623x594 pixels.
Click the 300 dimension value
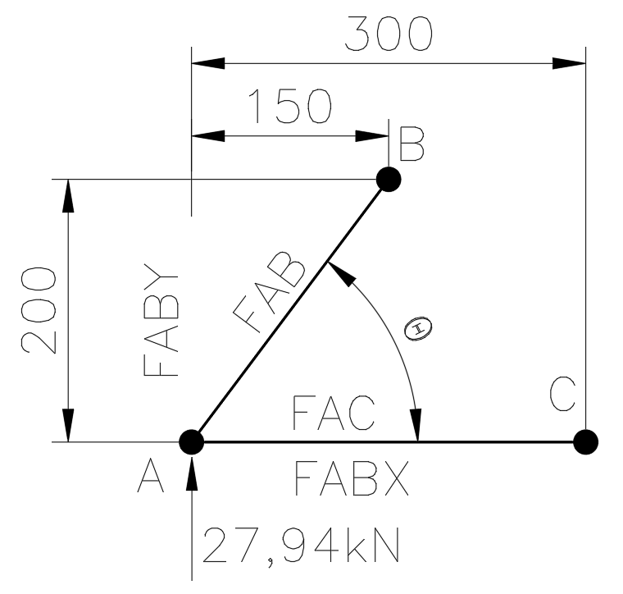tap(389, 34)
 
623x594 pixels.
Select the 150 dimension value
tap(291, 106)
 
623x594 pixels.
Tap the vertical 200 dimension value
tap(39, 310)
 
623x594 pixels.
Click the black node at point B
tap(389, 180)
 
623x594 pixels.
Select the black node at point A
tap(192, 441)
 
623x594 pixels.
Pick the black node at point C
tap(585, 441)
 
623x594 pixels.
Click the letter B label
tap(412, 144)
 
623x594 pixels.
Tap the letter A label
tap(151, 476)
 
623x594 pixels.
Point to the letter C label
tap(562, 394)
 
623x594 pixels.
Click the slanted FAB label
tap(270, 291)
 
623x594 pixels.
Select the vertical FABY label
tap(161, 319)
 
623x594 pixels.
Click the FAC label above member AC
tap(334, 414)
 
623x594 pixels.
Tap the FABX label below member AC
tap(352, 477)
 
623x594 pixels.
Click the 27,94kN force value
tap(302, 545)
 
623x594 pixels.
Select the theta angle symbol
tap(418, 329)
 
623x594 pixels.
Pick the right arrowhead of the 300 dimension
tap(569, 63)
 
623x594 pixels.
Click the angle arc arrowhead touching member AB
tap(341, 273)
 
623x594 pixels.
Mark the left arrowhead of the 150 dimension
tap(207, 135)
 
